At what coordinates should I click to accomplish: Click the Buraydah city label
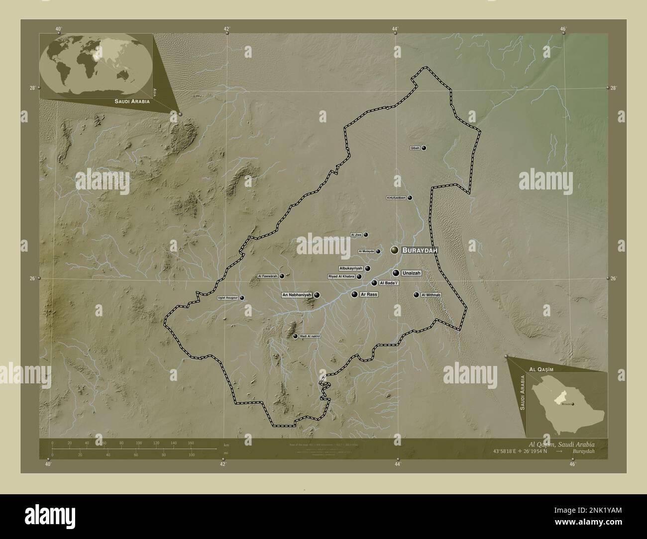pos(420,251)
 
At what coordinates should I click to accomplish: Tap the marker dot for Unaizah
pos(396,273)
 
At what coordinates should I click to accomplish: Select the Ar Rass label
pos(369,295)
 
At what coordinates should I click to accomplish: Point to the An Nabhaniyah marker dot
pos(317,295)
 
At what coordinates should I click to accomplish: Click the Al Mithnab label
pos(431,295)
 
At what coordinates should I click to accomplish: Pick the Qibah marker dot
pos(424,148)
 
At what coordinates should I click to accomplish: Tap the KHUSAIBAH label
pos(397,198)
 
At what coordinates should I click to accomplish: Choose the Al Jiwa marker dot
pos(366,235)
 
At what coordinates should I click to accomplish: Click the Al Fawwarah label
pos(268,276)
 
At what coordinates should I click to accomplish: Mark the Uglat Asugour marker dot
pos(242,298)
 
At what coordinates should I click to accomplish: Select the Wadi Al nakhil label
pos(310,337)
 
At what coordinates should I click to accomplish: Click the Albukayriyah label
pos(351,269)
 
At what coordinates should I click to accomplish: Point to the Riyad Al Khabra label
pos(341,276)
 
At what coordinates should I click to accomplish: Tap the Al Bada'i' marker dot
pos(374,283)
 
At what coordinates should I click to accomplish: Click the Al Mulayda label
pos(366,252)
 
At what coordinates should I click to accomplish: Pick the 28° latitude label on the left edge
pos(32,88)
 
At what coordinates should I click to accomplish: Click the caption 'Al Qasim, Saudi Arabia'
pos(561,444)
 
